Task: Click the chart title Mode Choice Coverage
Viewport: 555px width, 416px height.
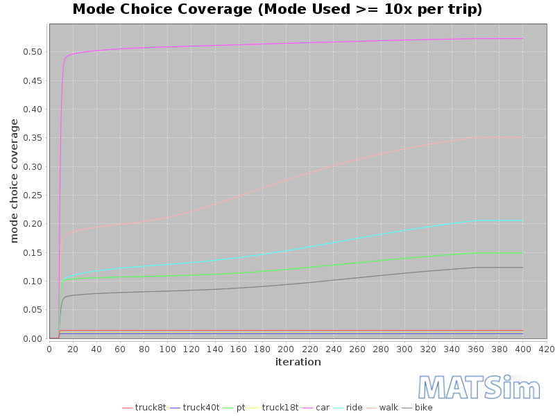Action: click(x=277, y=10)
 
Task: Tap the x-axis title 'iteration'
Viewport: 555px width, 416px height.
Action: click(x=298, y=362)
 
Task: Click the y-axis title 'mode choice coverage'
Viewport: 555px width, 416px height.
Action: click(x=14, y=181)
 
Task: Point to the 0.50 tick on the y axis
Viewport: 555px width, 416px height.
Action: click(x=33, y=52)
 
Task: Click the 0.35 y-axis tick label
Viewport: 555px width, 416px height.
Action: click(x=33, y=138)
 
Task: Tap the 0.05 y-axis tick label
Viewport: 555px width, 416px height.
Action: click(x=33, y=310)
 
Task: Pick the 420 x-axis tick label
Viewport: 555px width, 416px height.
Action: click(x=546, y=349)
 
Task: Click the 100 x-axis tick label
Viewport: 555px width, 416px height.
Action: click(x=167, y=349)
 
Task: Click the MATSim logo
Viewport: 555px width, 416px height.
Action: click(x=479, y=388)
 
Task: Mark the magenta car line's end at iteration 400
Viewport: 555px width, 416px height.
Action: click(x=522, y=39)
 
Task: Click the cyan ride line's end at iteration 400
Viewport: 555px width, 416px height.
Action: click(x=522, y=220)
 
